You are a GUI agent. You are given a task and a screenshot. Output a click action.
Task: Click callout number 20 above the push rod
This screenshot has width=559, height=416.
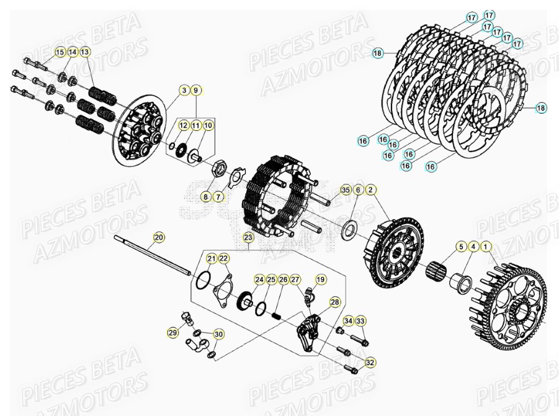coord(159,237)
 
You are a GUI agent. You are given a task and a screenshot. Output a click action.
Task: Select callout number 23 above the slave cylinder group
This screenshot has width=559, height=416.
coord(249,237)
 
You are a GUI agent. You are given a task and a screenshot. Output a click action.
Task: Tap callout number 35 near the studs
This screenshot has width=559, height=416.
coord(346,190)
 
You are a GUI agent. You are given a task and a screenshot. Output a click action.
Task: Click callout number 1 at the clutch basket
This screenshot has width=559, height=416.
coord(486,247)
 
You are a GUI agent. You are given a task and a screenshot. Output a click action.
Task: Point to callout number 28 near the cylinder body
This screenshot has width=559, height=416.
coord(335,302)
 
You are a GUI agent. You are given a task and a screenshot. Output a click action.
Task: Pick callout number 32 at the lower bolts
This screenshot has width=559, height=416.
coord(370,362)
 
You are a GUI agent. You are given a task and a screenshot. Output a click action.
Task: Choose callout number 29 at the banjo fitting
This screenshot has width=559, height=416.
coord(172,333)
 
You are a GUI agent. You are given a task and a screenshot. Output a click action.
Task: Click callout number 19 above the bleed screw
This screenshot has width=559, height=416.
coord(321,280)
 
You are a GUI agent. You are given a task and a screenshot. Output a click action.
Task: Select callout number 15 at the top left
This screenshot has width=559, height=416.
coord(60,52)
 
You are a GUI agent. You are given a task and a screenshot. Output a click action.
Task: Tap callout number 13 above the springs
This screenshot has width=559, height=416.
coord(85,52)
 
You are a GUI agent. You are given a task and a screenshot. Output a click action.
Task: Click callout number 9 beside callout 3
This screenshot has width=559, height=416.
coord(196,91)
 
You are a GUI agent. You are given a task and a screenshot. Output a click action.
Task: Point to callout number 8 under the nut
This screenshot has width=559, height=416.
coord(205,197)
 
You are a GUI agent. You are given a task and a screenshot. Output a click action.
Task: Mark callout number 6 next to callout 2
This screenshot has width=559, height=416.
coord(358,190)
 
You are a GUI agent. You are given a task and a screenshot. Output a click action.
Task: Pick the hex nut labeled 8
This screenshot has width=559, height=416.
coord(218,167)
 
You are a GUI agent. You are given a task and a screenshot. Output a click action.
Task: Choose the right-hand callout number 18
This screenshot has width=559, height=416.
coord(541,108)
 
